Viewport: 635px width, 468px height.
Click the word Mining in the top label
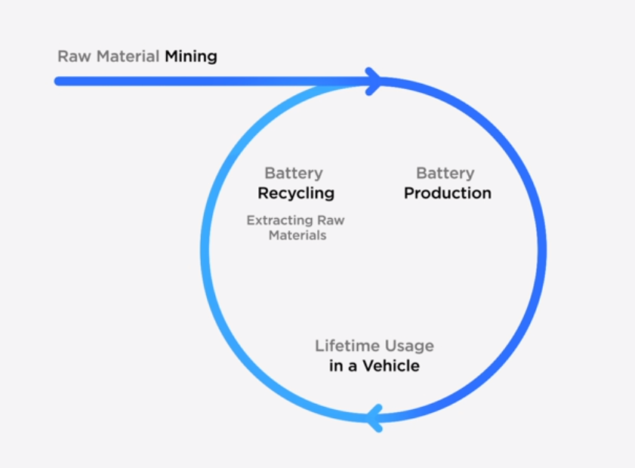point(191,57)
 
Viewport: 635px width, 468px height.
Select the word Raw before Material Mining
point(69,57)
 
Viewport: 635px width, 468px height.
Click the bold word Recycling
point(296,193)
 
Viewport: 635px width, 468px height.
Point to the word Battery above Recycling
point(294,174)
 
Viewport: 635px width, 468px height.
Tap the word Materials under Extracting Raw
point(295,235)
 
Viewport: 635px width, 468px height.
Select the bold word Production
point(448,193)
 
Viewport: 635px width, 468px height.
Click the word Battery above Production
point(445,174)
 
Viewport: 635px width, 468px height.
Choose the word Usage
point(408,346)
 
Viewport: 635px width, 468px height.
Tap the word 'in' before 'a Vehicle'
point(337,367)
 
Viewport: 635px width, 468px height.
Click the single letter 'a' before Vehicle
point(352,367)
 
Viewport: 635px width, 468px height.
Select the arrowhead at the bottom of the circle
point(373,417)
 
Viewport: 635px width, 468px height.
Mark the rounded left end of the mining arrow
point(58,81)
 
